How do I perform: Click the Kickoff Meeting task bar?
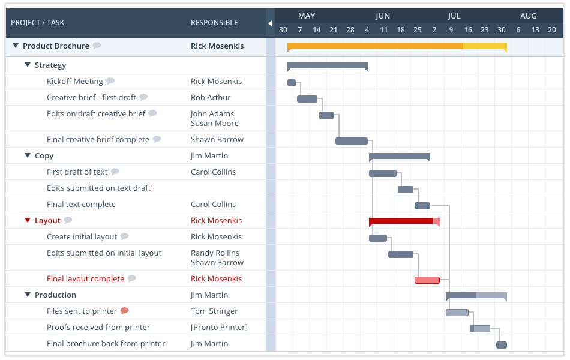tap(292, 83)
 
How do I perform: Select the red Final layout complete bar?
tap(427, 280)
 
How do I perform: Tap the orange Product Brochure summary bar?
tap(396, 46)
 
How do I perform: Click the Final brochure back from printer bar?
tap(502, 345)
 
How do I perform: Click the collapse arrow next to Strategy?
tap(28, 65)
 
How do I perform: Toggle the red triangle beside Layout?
tap(28, 220)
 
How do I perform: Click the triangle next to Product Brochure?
tap(16, 46)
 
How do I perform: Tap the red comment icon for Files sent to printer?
tap(124, 311)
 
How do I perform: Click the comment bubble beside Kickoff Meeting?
tap(110, 81)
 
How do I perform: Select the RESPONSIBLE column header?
tap(214, 23)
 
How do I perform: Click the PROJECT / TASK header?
tap(38, 23)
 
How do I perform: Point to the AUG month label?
tap(528, 16)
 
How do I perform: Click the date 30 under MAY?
tap(283, 30)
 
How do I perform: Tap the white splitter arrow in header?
tap(270, 23)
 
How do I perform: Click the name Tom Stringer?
tap(214, 311)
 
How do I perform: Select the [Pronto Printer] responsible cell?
tap(219, 327)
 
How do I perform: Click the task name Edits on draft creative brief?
tap(96, 113)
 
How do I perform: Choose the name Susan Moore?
tap(215, 123)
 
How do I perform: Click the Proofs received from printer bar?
tap(480, 329)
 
